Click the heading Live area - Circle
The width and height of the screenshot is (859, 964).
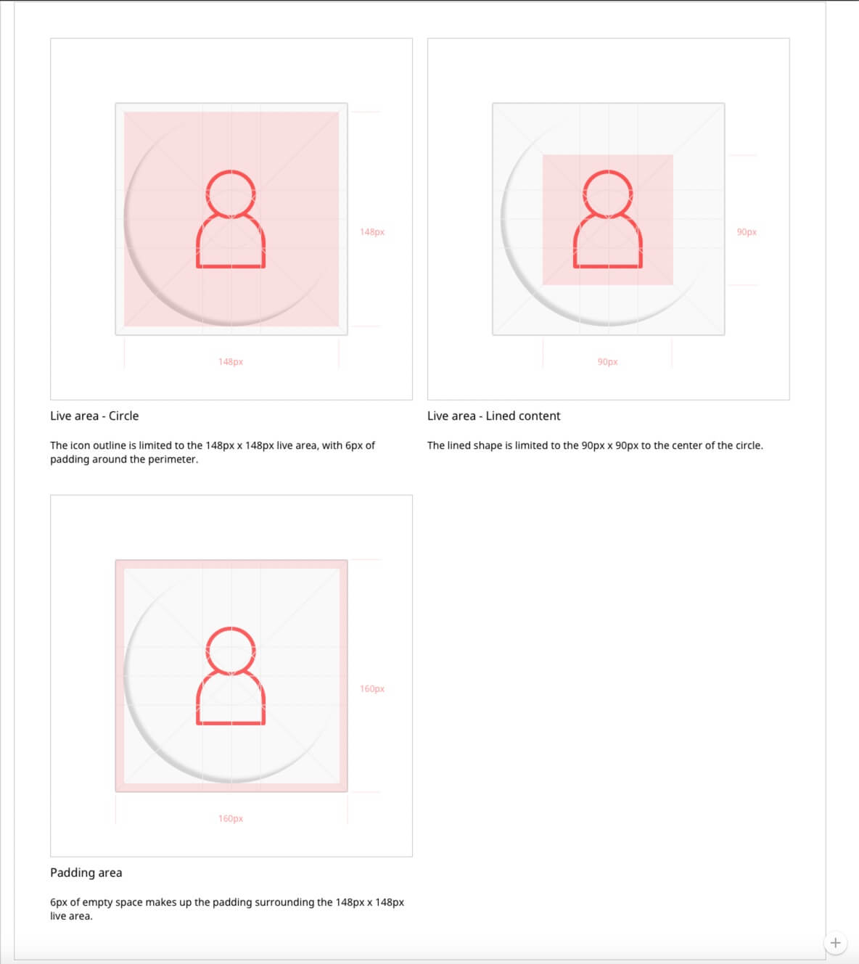[94, 416]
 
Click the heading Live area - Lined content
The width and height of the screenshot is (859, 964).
[493, 416]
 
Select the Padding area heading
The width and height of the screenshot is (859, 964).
[86, 873]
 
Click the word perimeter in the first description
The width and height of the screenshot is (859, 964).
[173, 460]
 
